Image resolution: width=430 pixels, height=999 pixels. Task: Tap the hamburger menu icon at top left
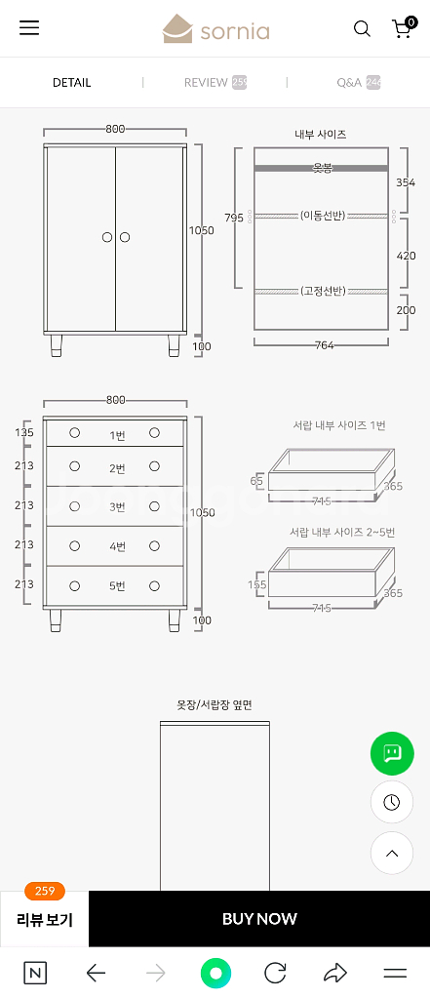29,28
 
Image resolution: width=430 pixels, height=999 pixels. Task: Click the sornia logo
215,29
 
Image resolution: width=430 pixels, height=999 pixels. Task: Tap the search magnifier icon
362,29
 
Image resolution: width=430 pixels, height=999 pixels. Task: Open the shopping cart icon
402,28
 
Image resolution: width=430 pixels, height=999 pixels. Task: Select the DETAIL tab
71,83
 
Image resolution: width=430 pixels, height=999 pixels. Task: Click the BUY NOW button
259,918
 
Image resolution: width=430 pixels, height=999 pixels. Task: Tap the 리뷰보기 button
45,919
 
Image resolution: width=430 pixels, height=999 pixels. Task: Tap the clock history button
392,802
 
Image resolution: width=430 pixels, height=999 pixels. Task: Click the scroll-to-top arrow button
392,853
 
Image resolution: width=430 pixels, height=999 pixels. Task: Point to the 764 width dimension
324,345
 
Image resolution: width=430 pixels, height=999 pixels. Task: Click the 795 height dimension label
234,218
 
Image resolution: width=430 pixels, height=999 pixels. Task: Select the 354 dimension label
406,182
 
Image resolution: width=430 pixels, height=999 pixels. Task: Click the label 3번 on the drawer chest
117,506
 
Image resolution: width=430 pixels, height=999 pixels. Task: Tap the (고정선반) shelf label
322,291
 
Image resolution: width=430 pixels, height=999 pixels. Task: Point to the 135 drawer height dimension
24,432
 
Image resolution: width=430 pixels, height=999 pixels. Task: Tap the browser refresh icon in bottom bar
275,973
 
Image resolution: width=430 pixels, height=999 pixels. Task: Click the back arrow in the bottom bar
96,973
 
